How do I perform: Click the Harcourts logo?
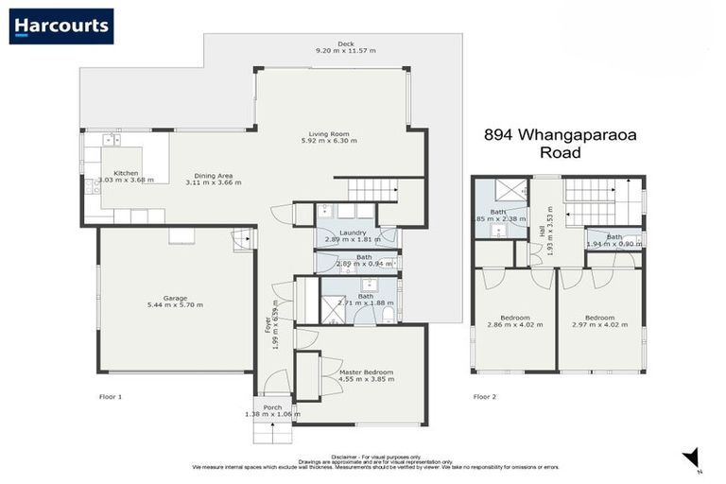(61, 26)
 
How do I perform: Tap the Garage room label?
(176, 298)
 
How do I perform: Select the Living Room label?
(329, 134)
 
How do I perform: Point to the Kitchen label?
(126, 174)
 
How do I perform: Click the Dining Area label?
(214, 175)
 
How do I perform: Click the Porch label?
(272, 407)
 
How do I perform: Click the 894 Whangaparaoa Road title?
(560, 143)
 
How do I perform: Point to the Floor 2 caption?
(485, 397)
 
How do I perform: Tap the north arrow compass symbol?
(692, 457)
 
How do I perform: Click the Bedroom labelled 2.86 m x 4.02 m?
(514, 318)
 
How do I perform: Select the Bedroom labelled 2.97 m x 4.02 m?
(600, 318)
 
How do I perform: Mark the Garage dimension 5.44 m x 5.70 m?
(176, 305)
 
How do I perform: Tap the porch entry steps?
(272, 432)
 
